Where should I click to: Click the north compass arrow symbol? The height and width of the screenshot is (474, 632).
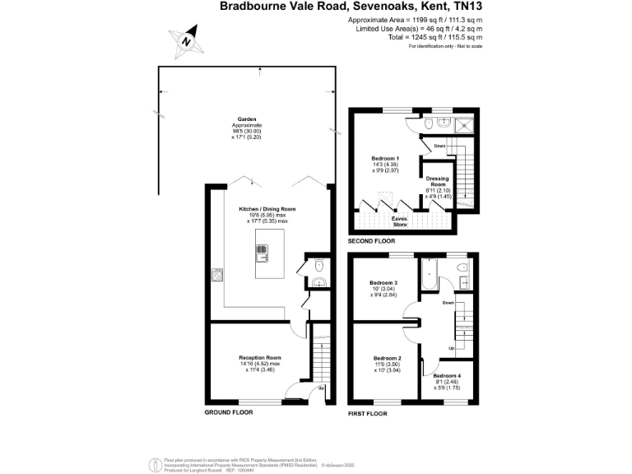coord(188,39)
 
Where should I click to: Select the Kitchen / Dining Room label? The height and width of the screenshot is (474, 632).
coord(267,209)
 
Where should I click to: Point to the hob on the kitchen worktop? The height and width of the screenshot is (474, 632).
coord(218,275)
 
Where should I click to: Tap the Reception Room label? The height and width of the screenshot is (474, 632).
coord(260,358)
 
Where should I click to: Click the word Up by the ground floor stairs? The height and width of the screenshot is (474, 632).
coord(321,388)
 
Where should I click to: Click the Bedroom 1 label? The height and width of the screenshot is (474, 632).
coord(385,158)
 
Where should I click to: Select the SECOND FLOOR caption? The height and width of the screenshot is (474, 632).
coord(372,242)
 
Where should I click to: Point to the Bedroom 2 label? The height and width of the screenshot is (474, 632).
coord(387,358)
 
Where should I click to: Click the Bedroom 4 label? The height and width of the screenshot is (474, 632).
coord(448,375)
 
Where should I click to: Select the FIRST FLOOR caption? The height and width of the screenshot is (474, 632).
coord(367,412)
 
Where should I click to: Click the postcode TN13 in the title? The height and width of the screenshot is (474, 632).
coord(465,6)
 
